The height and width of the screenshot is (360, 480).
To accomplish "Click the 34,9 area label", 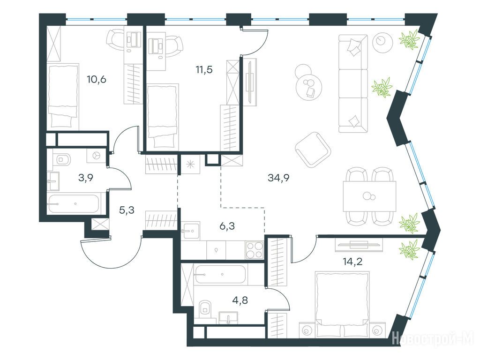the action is (x=278, y=177).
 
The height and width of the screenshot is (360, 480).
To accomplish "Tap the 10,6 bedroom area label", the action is (x=97, y=79).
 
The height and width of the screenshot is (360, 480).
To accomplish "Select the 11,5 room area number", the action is (x=204, y=69).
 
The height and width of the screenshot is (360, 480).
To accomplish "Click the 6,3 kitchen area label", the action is (x=227, y=226).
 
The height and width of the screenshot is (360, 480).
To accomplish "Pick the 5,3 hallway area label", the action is (x=127, y=210).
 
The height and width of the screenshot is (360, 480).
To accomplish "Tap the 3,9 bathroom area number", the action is (x=86, y=177).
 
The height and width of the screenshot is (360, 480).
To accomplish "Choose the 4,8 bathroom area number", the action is (x=240, y=300).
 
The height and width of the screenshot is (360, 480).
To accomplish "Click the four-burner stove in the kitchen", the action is (x=255, y=250).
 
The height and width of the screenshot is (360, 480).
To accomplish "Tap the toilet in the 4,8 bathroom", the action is (x=205, y=309).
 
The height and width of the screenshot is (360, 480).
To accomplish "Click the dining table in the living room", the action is (x=369, y=196).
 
